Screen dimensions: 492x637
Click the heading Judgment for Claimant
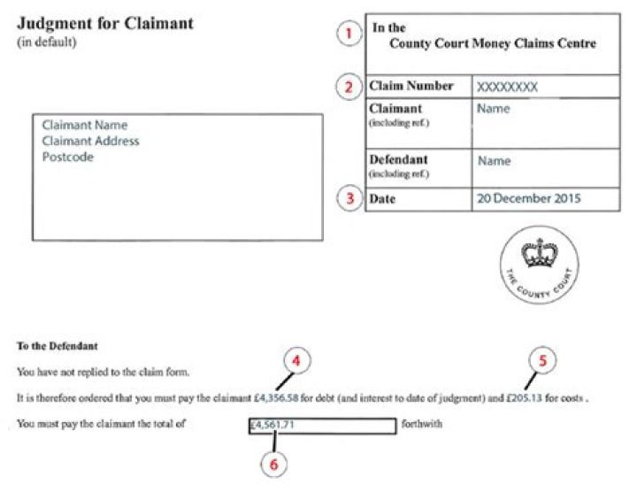tap(105, 23)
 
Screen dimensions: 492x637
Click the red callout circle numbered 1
tap(350, 35)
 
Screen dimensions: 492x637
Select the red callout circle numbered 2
tap(350, 87)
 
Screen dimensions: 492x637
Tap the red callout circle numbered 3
tap(350, 199)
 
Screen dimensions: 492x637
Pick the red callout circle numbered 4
tap(298, 361)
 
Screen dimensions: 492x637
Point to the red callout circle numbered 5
tap(543, 361)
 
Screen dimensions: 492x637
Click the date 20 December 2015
tap(529, 198)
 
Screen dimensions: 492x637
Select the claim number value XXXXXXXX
tap(507, 87)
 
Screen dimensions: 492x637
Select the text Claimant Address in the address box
tap(90, 141)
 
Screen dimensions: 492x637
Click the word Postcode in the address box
tap(67, 157)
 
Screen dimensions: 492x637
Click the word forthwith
tap(421, 425)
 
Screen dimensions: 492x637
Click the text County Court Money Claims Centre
tap(493, 43)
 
